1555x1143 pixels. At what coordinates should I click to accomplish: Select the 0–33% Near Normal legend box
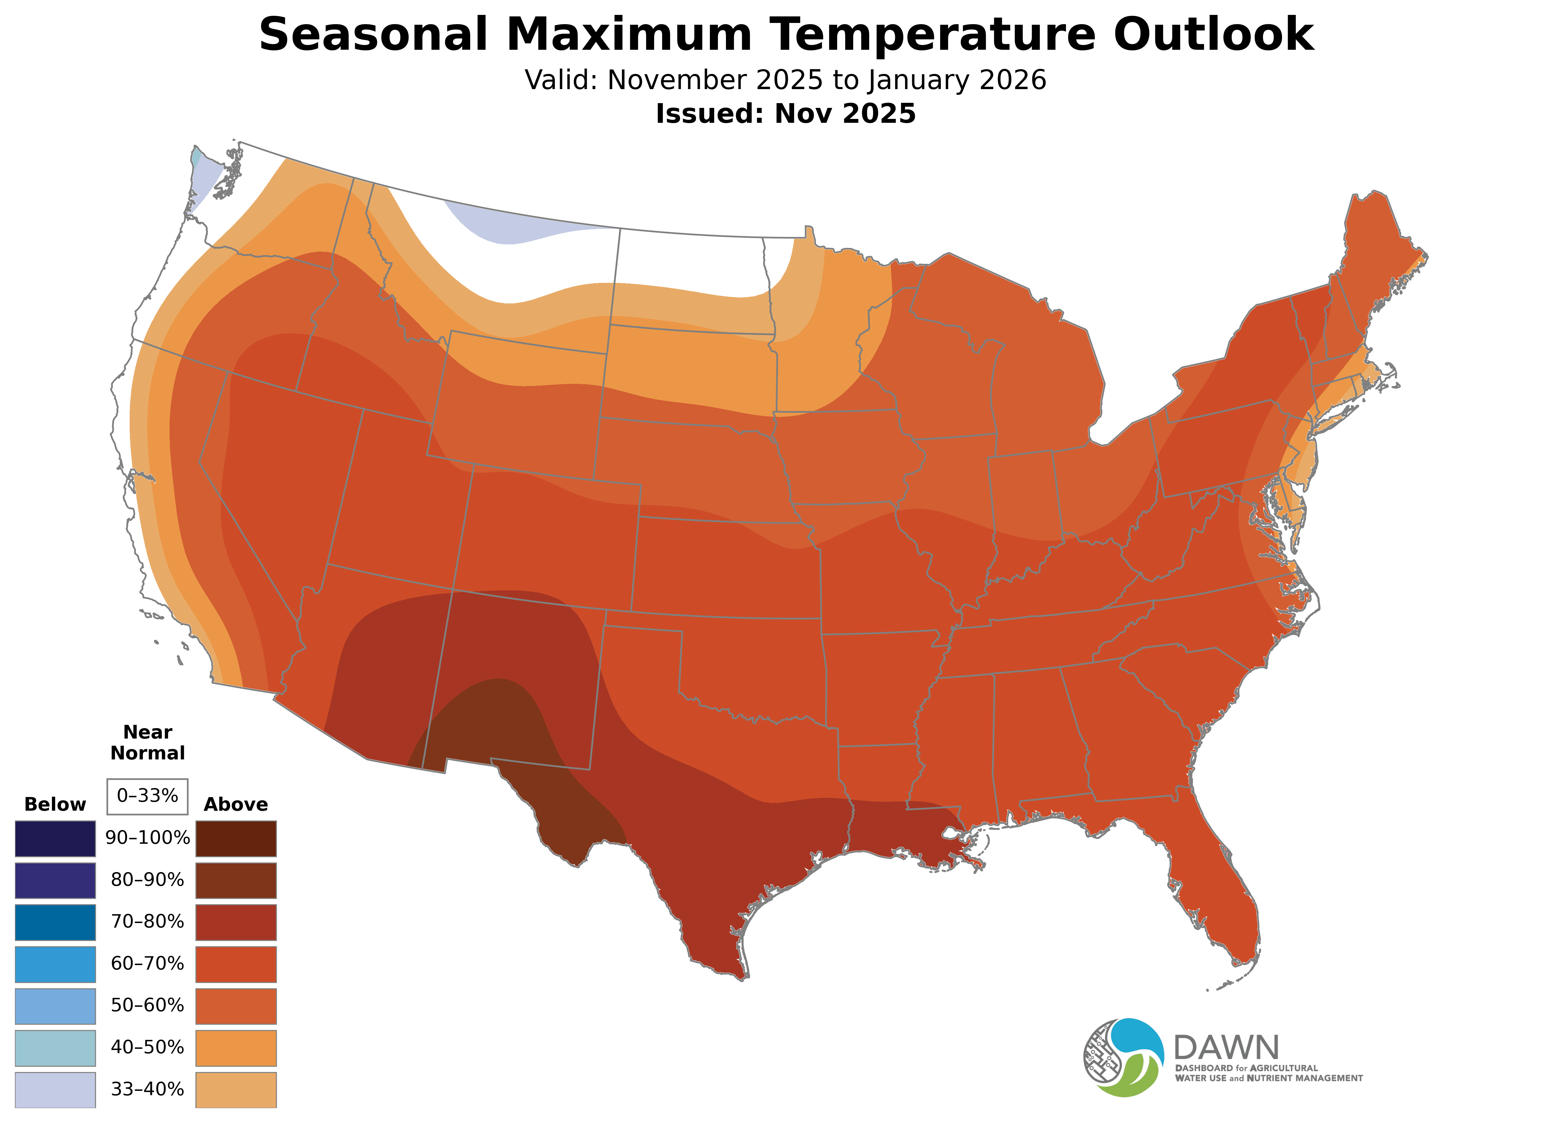point(147,796)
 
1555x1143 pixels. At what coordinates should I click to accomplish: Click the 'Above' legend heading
point(236,805)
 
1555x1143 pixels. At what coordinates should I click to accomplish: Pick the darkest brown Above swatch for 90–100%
point(236,839)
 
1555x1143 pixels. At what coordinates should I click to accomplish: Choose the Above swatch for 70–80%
point(236,922)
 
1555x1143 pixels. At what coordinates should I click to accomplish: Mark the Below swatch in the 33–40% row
point(55,1090)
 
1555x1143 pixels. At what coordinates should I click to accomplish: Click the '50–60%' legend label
point(147,1005)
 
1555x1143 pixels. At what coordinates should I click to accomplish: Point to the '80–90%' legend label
point(147,880)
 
